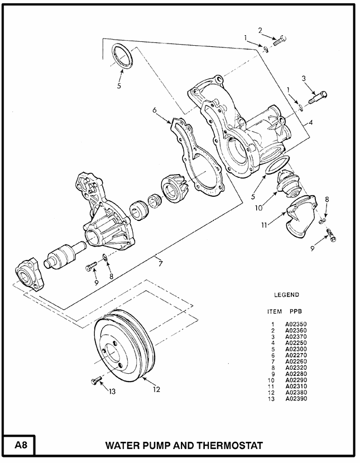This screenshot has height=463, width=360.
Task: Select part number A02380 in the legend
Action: click(x=296, y=392)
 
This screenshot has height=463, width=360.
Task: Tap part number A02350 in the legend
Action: click(x=296, y=324)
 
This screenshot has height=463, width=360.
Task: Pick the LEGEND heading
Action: click(x=286, y=295)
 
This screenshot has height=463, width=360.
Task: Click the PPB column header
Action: click(x=296, y=311)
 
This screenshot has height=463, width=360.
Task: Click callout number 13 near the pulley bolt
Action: click(x=112, y=391)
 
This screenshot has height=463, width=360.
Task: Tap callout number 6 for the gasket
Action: click(x=155, y=110)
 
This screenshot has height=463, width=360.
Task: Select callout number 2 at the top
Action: click(x=260, y=30)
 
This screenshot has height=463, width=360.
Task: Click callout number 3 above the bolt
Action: click(x=304, y=79)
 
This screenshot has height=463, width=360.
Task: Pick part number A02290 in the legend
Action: click(x=296, y=379)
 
